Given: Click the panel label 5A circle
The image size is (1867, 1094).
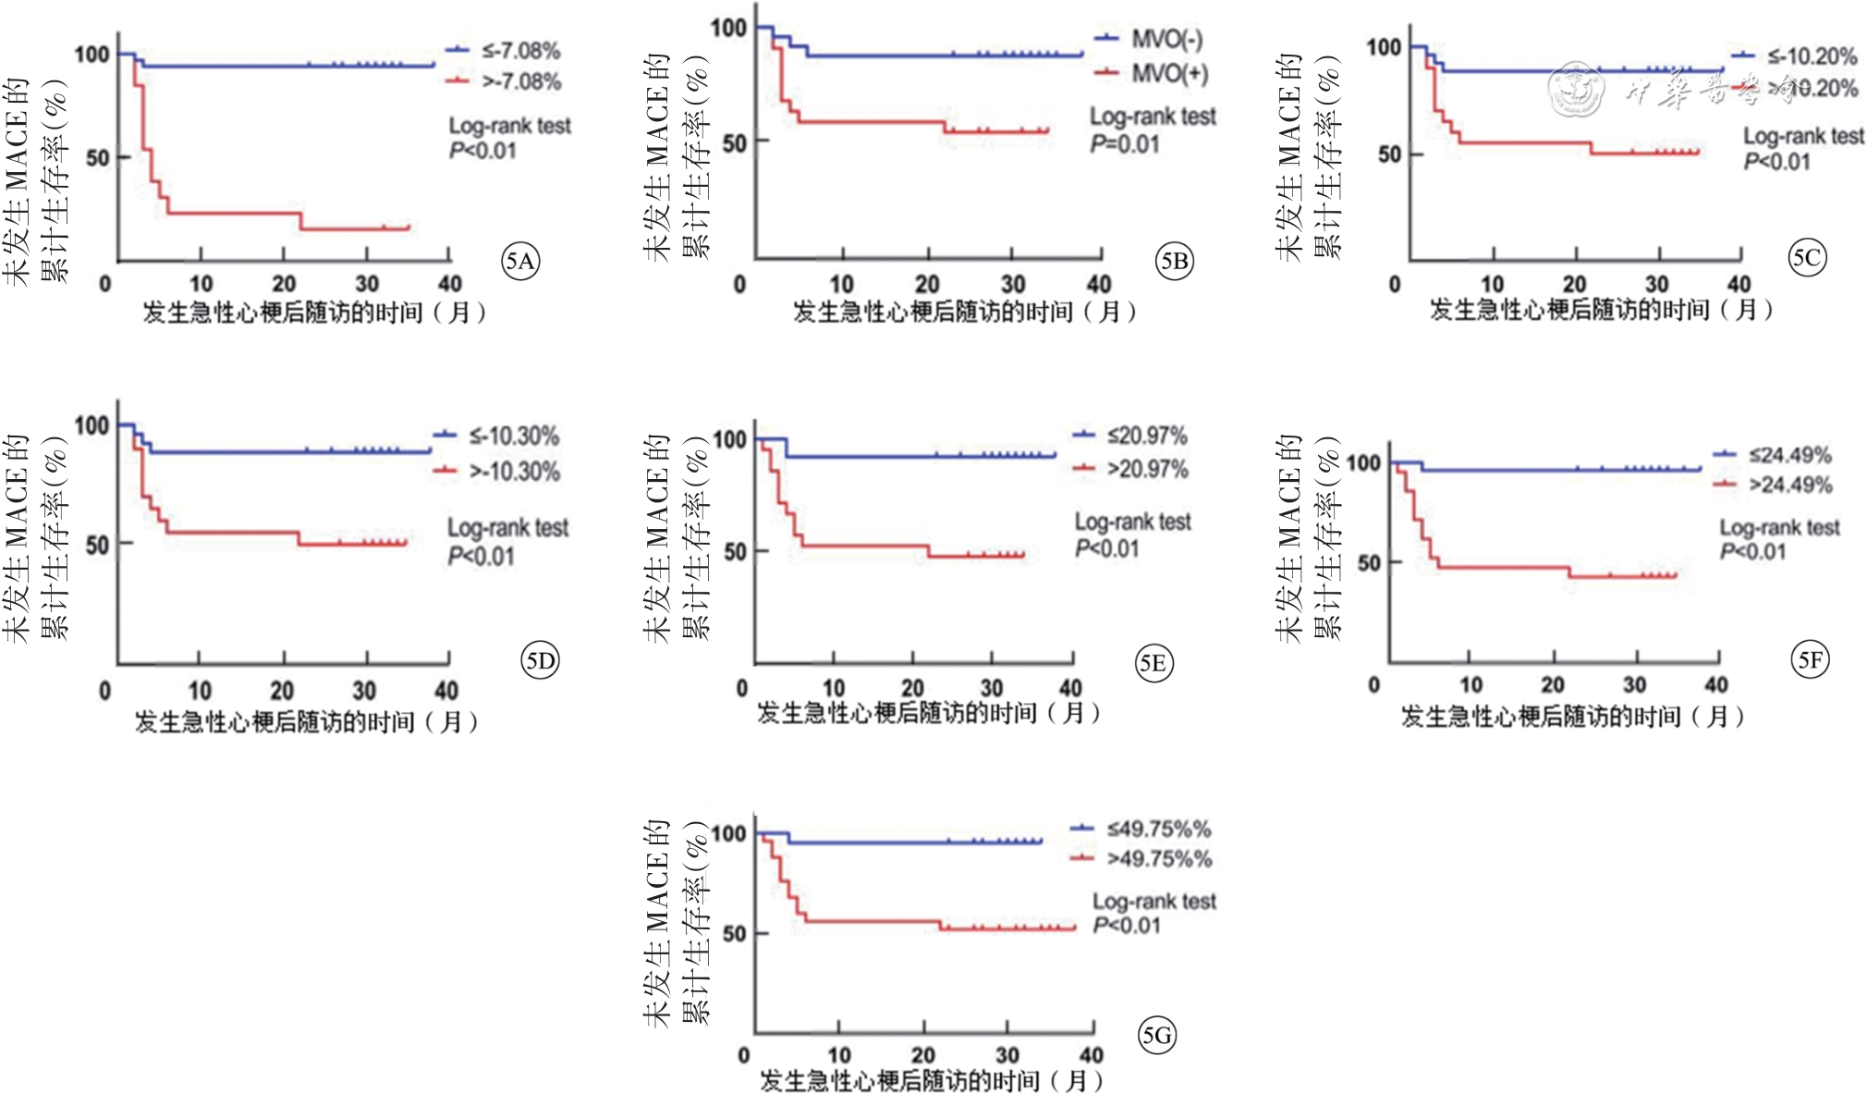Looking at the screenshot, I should point(520,262).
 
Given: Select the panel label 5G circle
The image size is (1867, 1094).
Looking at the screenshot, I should point(1156,1035).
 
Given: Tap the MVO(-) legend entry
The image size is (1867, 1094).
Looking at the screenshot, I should point(1166,40).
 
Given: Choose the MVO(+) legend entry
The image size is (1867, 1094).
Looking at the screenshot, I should point(1169,73).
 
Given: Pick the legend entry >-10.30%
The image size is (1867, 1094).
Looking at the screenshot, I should point(514,472).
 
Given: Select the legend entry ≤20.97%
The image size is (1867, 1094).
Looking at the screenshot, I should point(1147,436).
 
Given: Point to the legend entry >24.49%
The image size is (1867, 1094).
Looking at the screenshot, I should point(1789,485).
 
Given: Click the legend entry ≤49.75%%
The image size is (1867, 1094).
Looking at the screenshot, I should point(1159,829).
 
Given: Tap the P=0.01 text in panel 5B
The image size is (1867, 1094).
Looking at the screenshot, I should point(1124,144).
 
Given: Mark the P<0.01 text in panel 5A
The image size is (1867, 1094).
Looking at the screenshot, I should point(482,151).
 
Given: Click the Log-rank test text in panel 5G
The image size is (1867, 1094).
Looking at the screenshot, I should point(1153,901).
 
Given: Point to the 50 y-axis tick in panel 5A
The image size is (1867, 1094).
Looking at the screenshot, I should point(98,157).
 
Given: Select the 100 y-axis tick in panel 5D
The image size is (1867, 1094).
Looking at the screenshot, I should point(92,425).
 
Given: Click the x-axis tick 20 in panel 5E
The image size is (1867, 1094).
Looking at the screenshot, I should point(912,688).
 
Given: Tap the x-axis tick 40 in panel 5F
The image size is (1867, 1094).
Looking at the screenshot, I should point(1715,684).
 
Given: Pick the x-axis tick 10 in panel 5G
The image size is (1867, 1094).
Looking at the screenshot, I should point(838,1055).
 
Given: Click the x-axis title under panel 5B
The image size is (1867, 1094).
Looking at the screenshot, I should point(964,312).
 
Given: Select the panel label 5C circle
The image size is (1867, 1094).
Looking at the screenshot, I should point(1806,257).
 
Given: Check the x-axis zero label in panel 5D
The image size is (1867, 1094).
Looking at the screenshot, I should point(104,691).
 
